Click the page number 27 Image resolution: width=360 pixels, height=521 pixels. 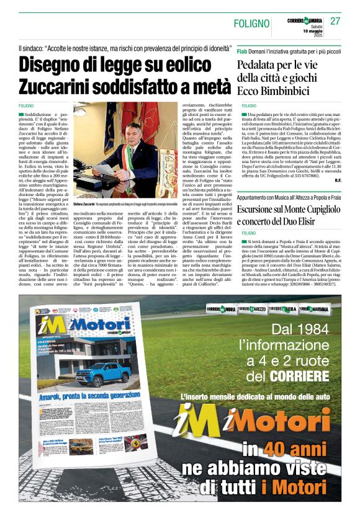335,20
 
